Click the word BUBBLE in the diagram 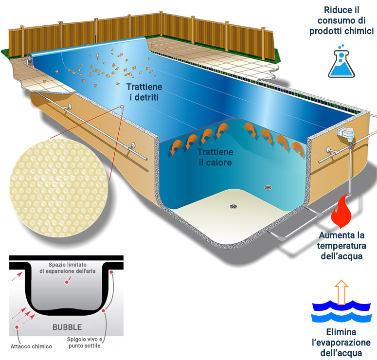point(67,326)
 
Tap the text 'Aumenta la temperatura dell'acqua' point(341,246)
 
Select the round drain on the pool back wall point(268,187)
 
